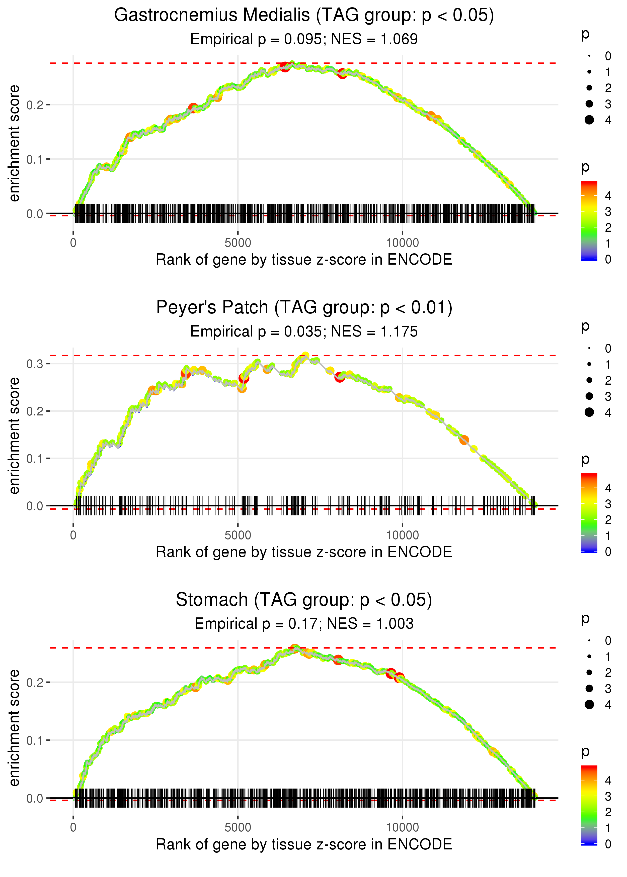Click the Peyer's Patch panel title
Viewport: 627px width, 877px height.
pos(304,308)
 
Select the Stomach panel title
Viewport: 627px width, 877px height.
pos(304,600)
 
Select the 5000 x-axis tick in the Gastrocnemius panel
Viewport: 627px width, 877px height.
pos(238,243)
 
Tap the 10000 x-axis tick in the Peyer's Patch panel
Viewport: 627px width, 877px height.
pos(402,535)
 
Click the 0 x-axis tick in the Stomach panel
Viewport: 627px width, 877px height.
pos(73,828)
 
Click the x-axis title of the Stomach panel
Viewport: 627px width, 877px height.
pos(304,845)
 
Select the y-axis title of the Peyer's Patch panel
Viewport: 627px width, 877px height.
pos(14,436)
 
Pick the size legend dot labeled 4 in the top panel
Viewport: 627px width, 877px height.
pos(589,120)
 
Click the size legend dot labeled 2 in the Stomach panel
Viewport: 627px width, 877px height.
pos(589,673)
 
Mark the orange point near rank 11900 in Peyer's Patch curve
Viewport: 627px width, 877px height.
pos(464,440)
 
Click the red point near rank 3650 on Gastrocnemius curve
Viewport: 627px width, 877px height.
pos(193,107)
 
